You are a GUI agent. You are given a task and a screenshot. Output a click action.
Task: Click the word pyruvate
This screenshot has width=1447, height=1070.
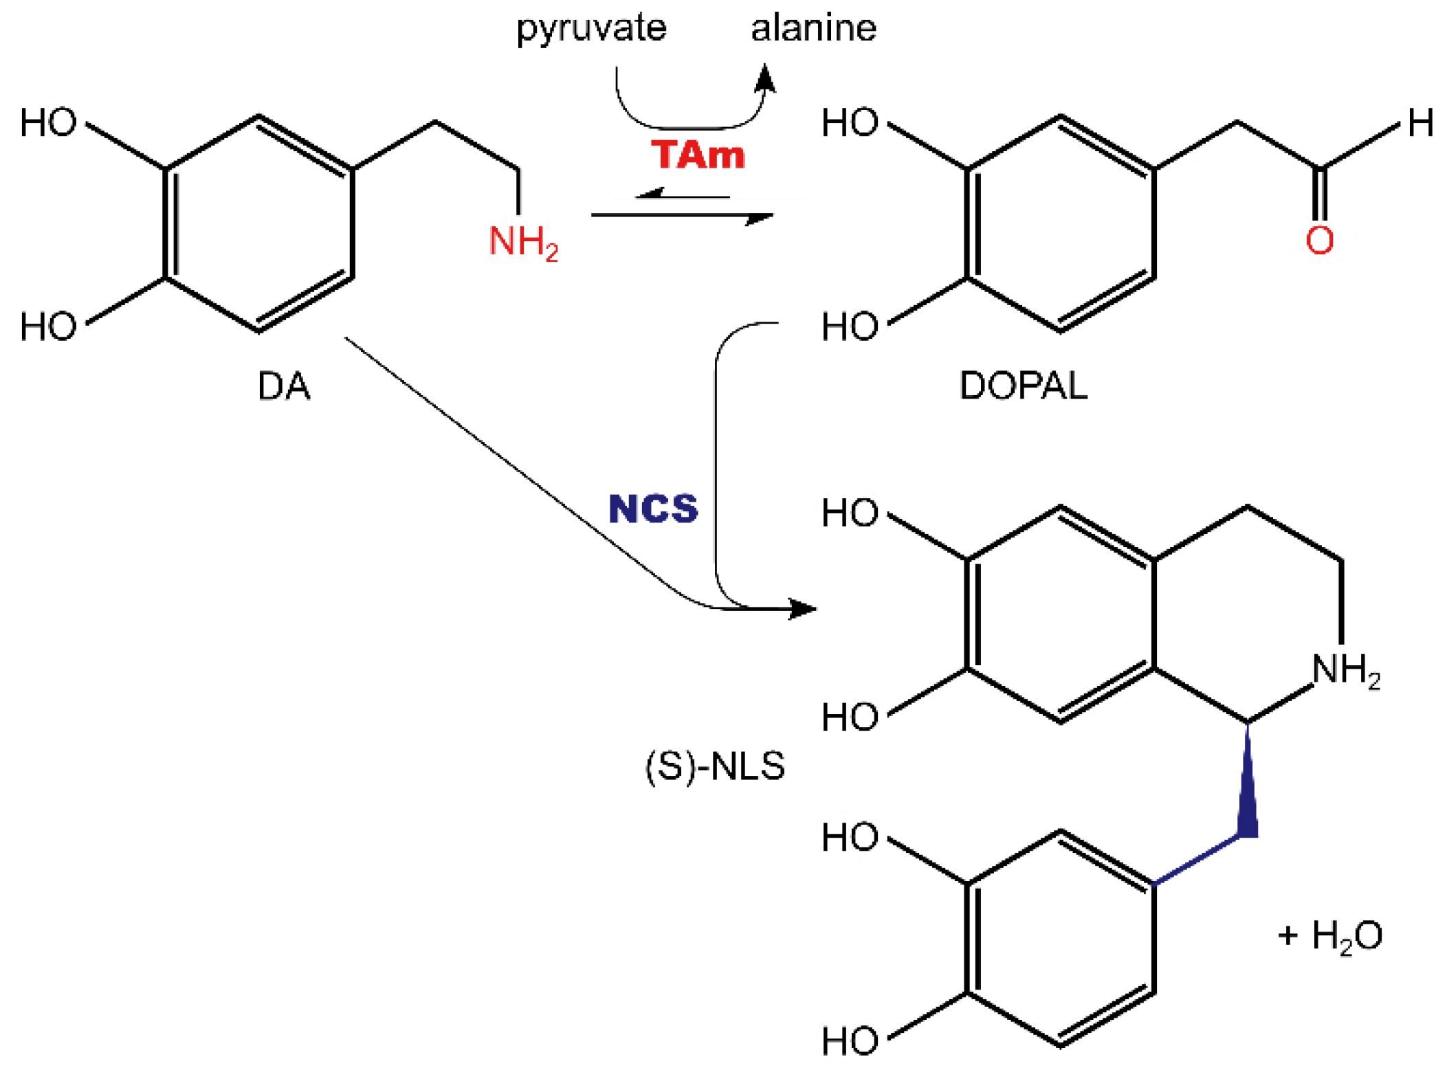(591, 29)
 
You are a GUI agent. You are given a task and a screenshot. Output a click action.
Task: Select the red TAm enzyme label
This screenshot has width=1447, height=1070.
(698, 155)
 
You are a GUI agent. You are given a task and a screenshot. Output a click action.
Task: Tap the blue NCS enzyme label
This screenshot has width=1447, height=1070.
(653, 509)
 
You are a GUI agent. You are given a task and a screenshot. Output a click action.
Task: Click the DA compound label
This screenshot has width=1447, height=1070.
(283, 386)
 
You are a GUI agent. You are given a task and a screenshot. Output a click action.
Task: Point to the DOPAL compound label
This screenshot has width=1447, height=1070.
(1023, 386)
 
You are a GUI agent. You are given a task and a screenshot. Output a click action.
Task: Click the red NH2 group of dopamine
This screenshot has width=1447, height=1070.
(522, 243)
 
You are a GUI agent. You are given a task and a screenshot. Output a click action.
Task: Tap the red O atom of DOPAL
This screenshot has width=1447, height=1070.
(1319, 241)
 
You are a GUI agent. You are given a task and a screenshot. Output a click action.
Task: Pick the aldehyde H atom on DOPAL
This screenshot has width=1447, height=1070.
(1420, 123)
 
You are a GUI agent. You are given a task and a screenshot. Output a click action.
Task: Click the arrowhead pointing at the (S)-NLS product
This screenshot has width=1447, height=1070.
(802, 608)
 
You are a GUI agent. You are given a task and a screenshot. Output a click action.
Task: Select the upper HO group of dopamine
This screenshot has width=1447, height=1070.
(48, 123)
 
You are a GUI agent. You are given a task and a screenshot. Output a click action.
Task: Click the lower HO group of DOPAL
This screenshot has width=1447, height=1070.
(850, 326)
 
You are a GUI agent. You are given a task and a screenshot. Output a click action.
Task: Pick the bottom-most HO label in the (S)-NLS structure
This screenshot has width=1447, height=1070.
(850, 1040)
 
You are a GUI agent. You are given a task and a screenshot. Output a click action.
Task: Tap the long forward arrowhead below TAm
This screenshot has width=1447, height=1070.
(760, 218)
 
